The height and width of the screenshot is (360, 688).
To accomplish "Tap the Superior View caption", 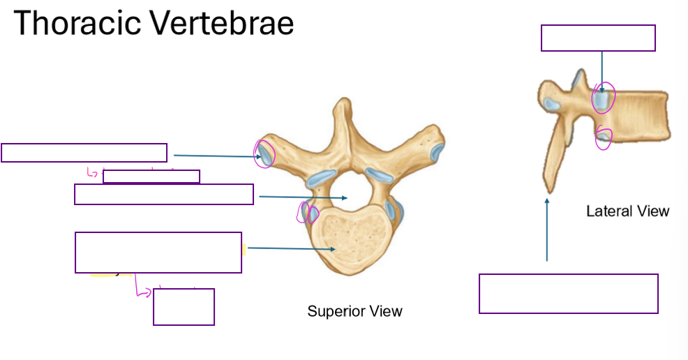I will pos(354,311).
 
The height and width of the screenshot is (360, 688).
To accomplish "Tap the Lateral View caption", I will pos(627,211).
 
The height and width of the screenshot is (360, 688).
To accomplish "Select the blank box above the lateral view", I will pos(598,38).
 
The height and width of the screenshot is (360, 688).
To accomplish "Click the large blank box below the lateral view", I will pos(568,294).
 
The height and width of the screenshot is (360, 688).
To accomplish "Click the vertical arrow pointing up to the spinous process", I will pos(547,230).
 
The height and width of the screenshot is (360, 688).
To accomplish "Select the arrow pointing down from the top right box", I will pos(601,70).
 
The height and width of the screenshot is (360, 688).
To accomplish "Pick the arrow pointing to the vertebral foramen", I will pos(303,197).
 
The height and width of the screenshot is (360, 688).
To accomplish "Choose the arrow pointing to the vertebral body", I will pos(292,248).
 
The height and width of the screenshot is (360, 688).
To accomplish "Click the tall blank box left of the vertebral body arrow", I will pos(158,252).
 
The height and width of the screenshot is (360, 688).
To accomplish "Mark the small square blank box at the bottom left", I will pos(184,306).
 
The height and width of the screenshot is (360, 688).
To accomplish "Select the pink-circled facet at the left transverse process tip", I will pos(266,153).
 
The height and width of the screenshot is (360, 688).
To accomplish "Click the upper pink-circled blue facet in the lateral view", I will pos(603,99).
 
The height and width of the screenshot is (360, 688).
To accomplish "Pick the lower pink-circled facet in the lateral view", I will pos(604,139).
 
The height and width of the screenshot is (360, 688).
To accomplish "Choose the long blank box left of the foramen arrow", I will pos(163,194).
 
